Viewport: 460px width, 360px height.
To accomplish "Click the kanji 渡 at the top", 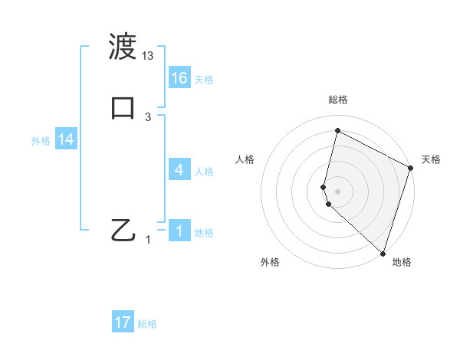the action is [123, 47].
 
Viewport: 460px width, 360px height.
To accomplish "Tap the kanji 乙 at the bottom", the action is [123, 229].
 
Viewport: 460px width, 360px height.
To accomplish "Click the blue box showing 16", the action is [179, 78].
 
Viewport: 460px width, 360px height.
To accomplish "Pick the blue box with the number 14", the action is [66, 139].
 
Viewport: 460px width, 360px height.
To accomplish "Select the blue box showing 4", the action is [179, 170].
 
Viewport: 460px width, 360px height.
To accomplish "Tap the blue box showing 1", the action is [179, 231].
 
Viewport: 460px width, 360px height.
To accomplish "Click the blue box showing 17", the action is [123, 322].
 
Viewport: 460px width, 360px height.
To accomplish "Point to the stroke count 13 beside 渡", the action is [148, 56].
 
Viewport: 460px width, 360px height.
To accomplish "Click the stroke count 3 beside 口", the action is [148, 116].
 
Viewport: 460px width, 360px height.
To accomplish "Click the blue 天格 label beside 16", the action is [204, 80].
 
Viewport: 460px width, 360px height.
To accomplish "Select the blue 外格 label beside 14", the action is [41, 141].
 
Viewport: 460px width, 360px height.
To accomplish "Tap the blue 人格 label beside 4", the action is [204, 172].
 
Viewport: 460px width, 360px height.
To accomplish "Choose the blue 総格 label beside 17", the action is [147, 324].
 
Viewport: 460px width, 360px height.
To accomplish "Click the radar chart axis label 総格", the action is [338, 100].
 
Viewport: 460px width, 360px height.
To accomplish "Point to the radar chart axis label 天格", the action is [431, 159].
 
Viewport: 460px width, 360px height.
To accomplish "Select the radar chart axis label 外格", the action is [270, 262].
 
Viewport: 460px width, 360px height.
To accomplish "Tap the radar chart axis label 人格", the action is [245, 159].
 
